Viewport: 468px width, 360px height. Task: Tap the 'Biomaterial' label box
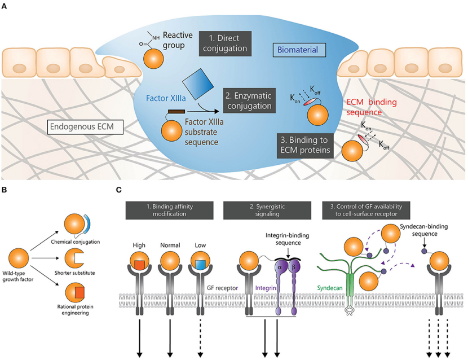coord(298,50)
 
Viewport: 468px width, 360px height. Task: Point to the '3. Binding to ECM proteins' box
coord(306,144)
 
